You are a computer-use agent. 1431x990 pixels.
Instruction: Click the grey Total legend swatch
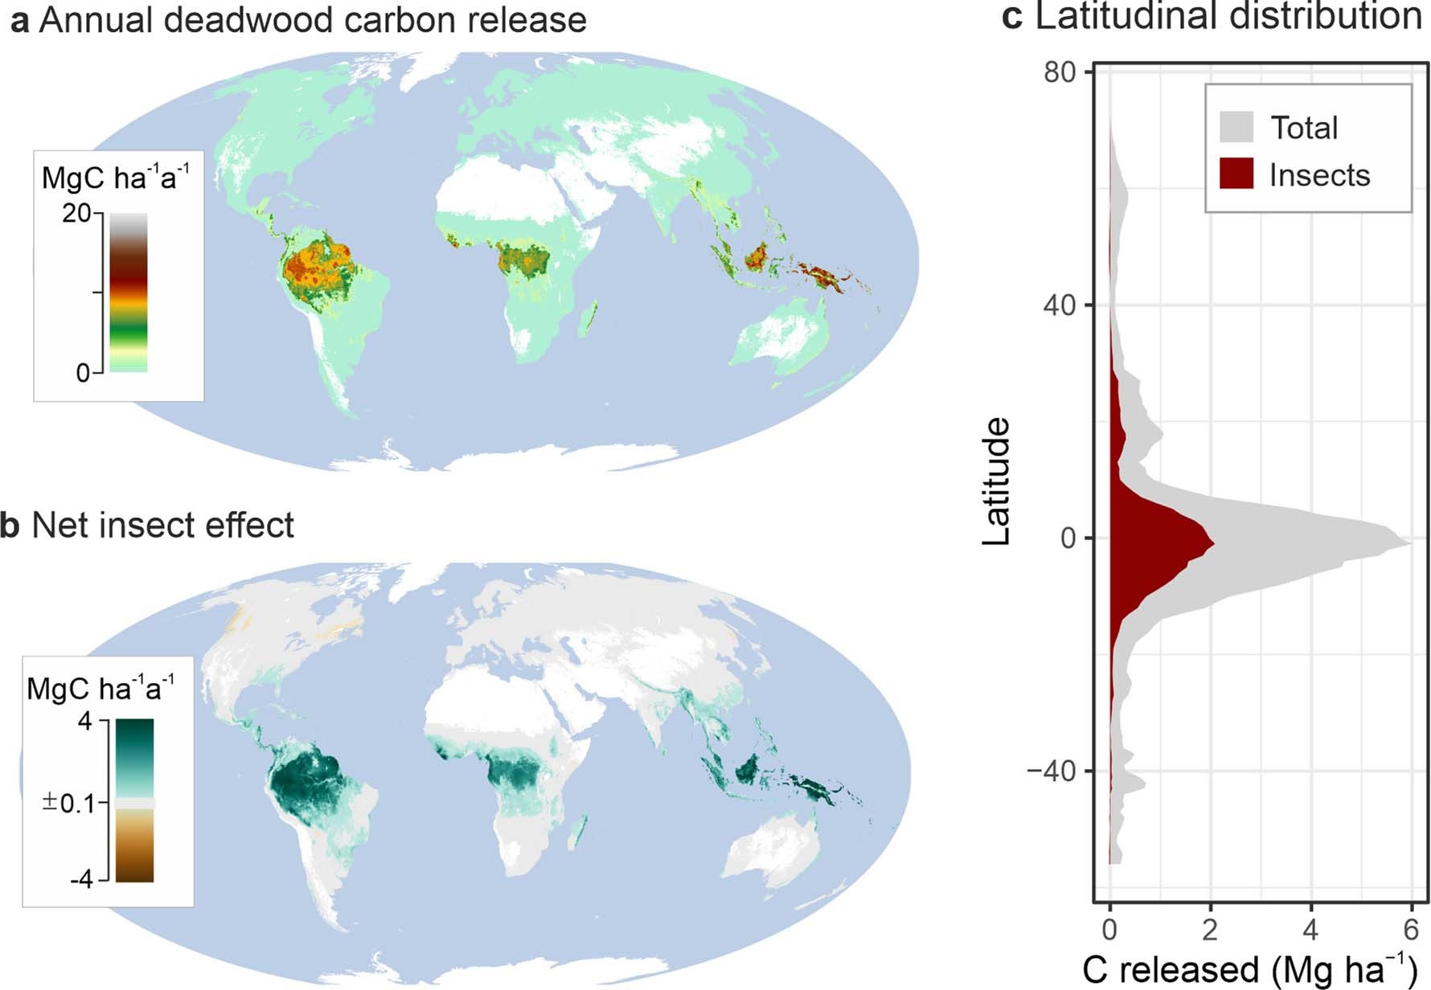(x=1236, y=127)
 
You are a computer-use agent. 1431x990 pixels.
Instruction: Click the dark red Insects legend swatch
(x=1236, y=174)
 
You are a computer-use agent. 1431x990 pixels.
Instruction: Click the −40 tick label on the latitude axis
(x=1051, y=771)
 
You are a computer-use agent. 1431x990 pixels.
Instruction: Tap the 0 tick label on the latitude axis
(x=1068, y=538)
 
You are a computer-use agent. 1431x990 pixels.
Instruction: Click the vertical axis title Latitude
(x=997, y=481)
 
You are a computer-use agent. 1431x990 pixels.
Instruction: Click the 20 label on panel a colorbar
(x=77, y=214)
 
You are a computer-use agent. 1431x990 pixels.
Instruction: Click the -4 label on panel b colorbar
(x=81, y=879)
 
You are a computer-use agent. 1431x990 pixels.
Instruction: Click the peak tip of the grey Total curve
(x=1410, y=543)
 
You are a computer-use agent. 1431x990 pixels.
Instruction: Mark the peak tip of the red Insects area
(x=1212, y=544)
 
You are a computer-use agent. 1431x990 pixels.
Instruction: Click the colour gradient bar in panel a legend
(x=129, y=292)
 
